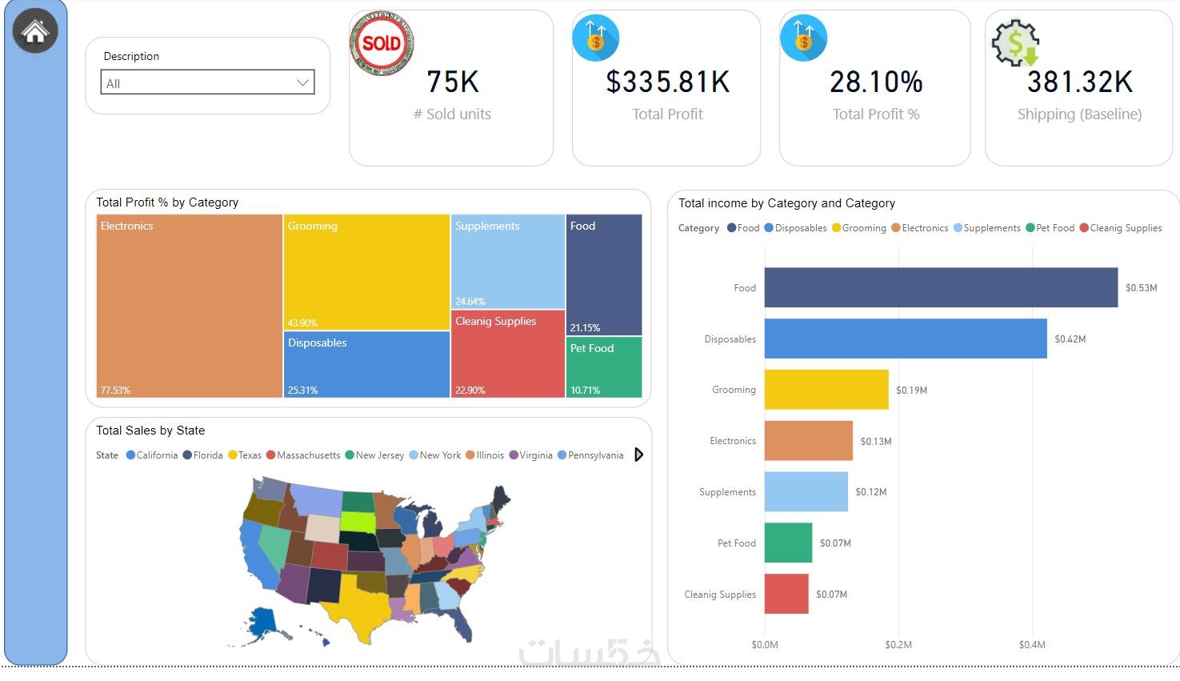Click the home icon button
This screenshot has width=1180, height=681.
(35, 31)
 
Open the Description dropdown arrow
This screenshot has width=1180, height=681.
(302, 82)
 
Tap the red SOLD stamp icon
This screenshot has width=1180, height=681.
(382, 43)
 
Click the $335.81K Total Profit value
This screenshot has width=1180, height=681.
(667, 82)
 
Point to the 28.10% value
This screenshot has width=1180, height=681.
(876, 82)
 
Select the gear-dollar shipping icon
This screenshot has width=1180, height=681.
(1015, 43)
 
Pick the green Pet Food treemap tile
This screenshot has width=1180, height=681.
(604, 367)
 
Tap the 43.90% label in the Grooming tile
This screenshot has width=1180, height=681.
(302, 323)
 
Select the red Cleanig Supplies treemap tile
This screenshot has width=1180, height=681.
(508, 354)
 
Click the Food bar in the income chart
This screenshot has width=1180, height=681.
(941, 287)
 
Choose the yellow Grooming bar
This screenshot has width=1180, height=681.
(826, 390)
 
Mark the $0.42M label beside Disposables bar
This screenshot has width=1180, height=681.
(1070, 339)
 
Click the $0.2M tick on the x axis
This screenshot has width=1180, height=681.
(898, 644)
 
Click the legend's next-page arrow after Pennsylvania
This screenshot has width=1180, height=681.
(638, 455)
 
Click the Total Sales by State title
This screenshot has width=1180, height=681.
(150, 431)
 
